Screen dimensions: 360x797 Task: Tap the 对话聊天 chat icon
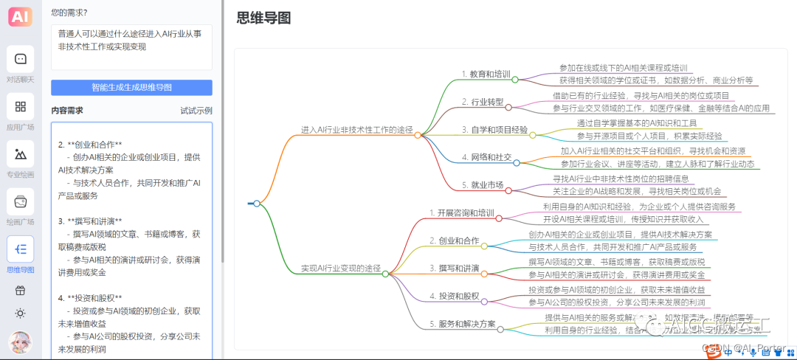tap(21, 59)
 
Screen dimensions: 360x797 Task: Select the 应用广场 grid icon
tap(21, 107)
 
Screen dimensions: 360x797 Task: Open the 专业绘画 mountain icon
tap(21, 154)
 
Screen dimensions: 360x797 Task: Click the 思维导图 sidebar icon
tap(21, 249)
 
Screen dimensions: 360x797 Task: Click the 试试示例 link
tap(196, 111)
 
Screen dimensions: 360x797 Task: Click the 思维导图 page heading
tap(263, 18)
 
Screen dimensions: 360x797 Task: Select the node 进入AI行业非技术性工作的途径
tap(357, 130)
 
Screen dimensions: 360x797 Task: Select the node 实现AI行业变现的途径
tap(341, 269)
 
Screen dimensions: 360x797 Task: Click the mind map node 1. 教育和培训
tap(486, 74)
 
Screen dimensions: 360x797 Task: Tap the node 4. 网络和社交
tap(486, 157)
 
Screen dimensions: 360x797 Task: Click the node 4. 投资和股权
tap(454, 297)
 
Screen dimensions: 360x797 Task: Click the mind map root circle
tap(257, 204)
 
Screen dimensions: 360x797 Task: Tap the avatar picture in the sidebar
tap(21, 342)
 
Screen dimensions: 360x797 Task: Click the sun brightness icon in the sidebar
tap(21, 313)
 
